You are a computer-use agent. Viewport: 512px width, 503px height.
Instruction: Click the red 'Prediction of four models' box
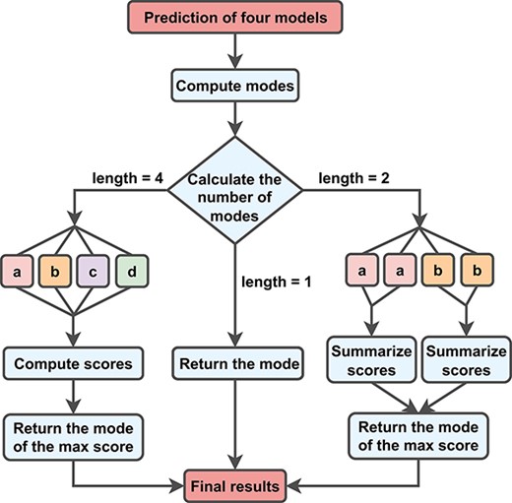230,18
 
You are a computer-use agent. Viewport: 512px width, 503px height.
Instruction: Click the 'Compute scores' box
74,364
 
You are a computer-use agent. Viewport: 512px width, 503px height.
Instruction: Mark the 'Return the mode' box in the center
232,364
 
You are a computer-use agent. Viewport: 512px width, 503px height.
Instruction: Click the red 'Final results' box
232,485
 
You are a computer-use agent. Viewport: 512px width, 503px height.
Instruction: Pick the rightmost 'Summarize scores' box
466,361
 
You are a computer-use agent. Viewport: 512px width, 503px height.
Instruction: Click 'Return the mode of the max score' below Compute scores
74,435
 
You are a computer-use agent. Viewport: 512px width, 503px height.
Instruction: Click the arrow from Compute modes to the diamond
232,118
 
